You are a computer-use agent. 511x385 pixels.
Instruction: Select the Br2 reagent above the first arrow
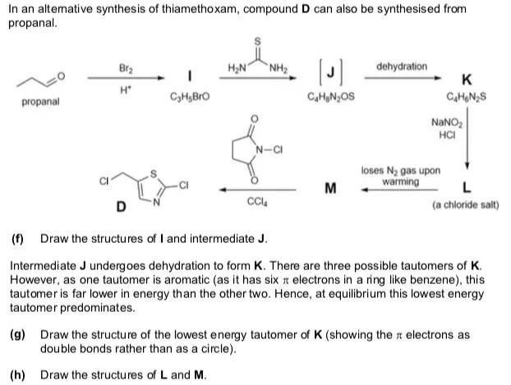coord(126,65)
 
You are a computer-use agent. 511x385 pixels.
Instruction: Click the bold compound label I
coord(191,76)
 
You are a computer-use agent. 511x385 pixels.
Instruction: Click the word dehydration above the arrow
coord(401,65)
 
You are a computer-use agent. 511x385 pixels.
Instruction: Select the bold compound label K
coord(467,80)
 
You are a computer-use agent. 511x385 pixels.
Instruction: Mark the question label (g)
coord(17,336)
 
